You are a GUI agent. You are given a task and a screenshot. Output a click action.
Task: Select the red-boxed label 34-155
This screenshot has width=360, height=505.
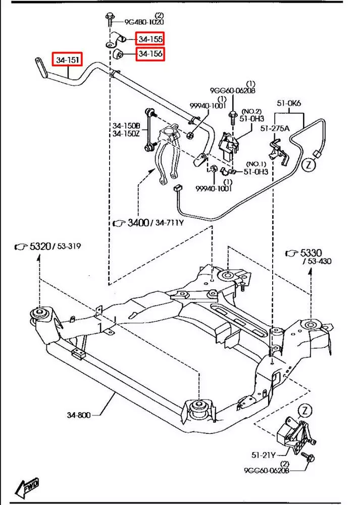tap(150, 38)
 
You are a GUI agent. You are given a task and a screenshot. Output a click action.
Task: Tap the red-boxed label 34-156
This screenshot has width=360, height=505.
tap(150, 53)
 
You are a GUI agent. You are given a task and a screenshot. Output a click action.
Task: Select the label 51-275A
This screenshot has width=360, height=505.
tap(275, 128)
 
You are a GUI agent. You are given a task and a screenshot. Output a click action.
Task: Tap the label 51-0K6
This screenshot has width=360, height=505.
tap(289, 104)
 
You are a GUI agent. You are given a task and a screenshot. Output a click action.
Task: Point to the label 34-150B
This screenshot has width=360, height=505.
tap(126, 126)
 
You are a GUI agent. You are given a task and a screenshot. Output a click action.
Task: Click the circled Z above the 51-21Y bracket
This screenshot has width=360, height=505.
tap(305, 411)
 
